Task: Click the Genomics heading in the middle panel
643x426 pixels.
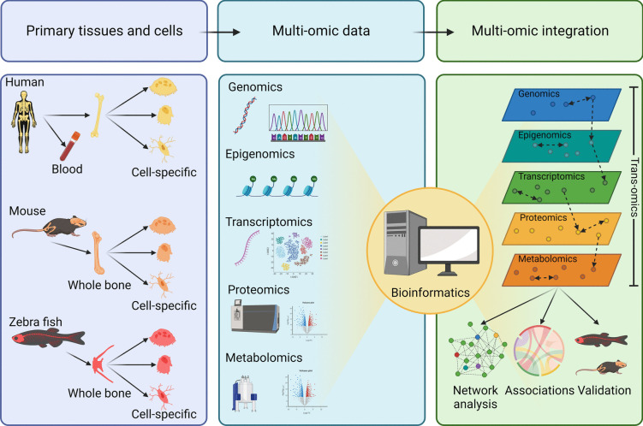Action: [254, 88]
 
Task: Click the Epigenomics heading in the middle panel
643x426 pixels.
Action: [261, 154]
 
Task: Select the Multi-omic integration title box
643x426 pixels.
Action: [539, 30]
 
